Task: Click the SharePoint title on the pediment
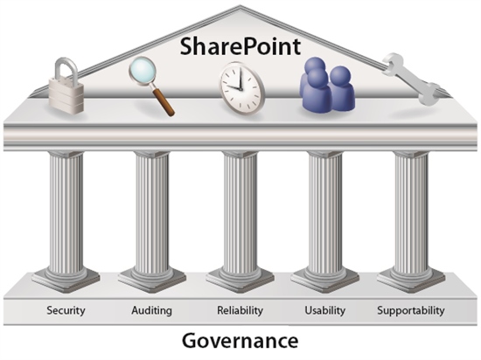[240, 46]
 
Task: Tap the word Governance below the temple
[240, 341]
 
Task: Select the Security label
[66, 310]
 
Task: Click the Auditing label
[151, 311]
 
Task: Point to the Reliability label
[240, 310]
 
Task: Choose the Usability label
[324, 310]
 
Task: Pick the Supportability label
[411, 311]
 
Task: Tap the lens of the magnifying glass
[143, 73]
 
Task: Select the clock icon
[241, 88]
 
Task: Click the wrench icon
[411, 79]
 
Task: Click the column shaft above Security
[66, 211]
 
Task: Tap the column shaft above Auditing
[152, 211]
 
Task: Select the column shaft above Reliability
[240, 211]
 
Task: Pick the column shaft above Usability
[324, 211]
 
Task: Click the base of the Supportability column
[411, 278]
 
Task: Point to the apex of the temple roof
[240, 5]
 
